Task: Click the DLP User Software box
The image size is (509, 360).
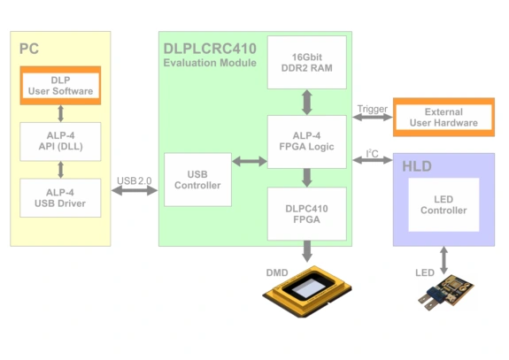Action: [60, 86]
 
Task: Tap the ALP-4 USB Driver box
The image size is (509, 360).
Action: [60, 196]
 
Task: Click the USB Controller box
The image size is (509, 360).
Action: [197, 180]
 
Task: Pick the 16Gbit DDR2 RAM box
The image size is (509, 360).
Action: [306, 62]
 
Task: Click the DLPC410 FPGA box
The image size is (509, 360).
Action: [306, 213]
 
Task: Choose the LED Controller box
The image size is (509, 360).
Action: [443, 204]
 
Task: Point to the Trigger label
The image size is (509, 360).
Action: [372, 110]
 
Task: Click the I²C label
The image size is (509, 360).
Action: [372, 155]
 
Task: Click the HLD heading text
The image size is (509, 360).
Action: [417, 166]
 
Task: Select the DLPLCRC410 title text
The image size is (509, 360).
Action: [209, 48]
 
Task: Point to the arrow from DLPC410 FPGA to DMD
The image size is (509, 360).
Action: [306, 251]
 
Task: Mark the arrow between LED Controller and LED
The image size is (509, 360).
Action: [443, 256]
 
